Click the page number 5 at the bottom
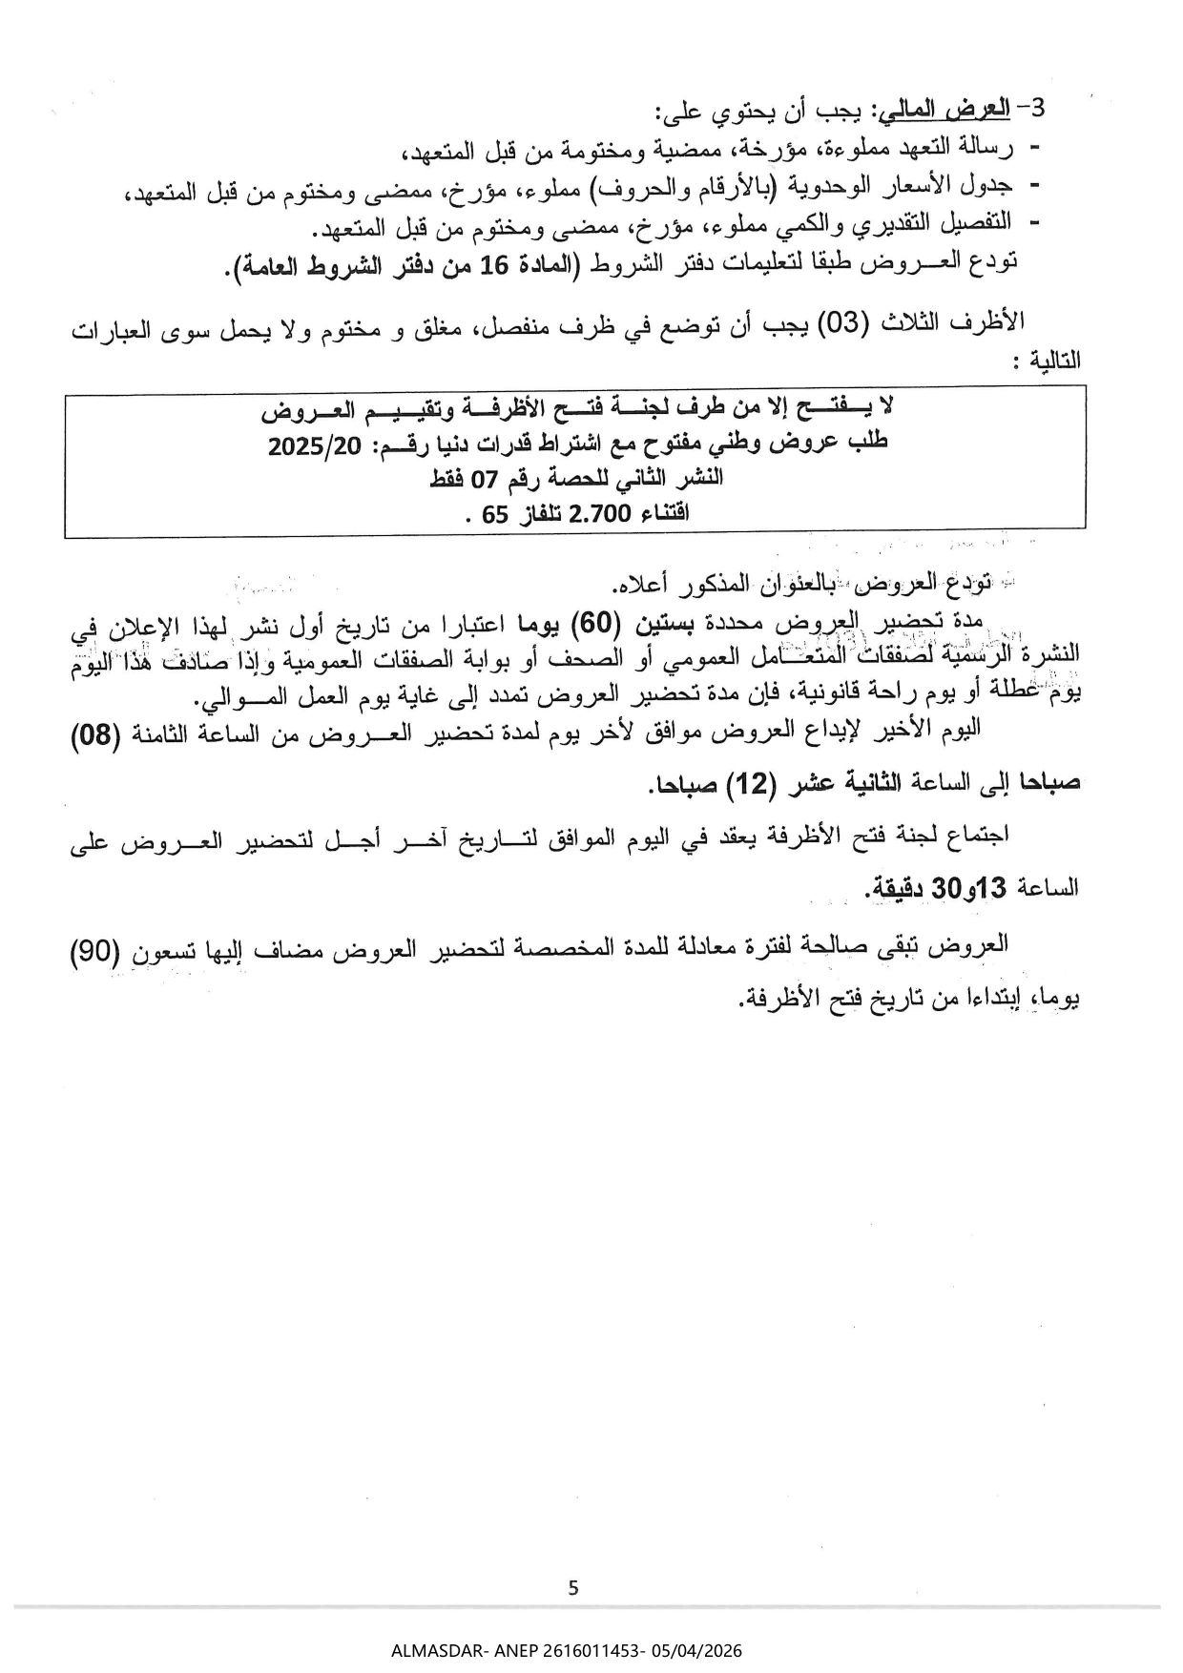click(x=572, y=1588)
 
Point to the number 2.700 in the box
click(x=599, y=514)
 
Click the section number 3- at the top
click(x=1032, y=107)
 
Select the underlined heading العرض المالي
click(x=943, y=109)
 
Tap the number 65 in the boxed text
click(x=494, y=515)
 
